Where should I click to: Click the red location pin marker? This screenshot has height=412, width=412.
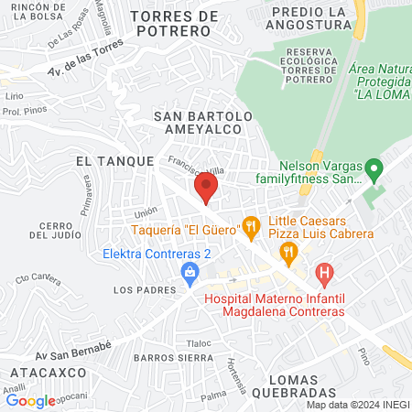(205, 190)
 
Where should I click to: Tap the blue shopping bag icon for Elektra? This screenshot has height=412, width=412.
(190, 271)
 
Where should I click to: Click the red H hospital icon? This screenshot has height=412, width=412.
(324, 272)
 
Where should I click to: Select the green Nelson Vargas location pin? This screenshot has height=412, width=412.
(373, 168)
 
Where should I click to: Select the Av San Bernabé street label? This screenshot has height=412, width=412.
(74, 345)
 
